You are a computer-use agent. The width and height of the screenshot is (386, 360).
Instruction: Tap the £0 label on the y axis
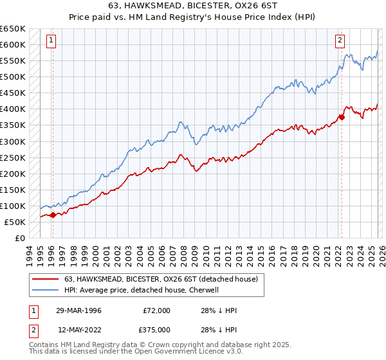pos(19,238)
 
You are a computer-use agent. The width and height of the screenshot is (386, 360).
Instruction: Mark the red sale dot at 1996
pos(53,215)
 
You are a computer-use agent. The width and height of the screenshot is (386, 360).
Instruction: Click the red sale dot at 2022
pos(342,117)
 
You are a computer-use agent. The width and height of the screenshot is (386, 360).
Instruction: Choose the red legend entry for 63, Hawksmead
pos(161,279)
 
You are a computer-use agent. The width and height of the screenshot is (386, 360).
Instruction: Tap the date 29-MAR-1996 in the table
pos(78,310)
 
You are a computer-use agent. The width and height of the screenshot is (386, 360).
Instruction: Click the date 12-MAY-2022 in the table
pos(78,329)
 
